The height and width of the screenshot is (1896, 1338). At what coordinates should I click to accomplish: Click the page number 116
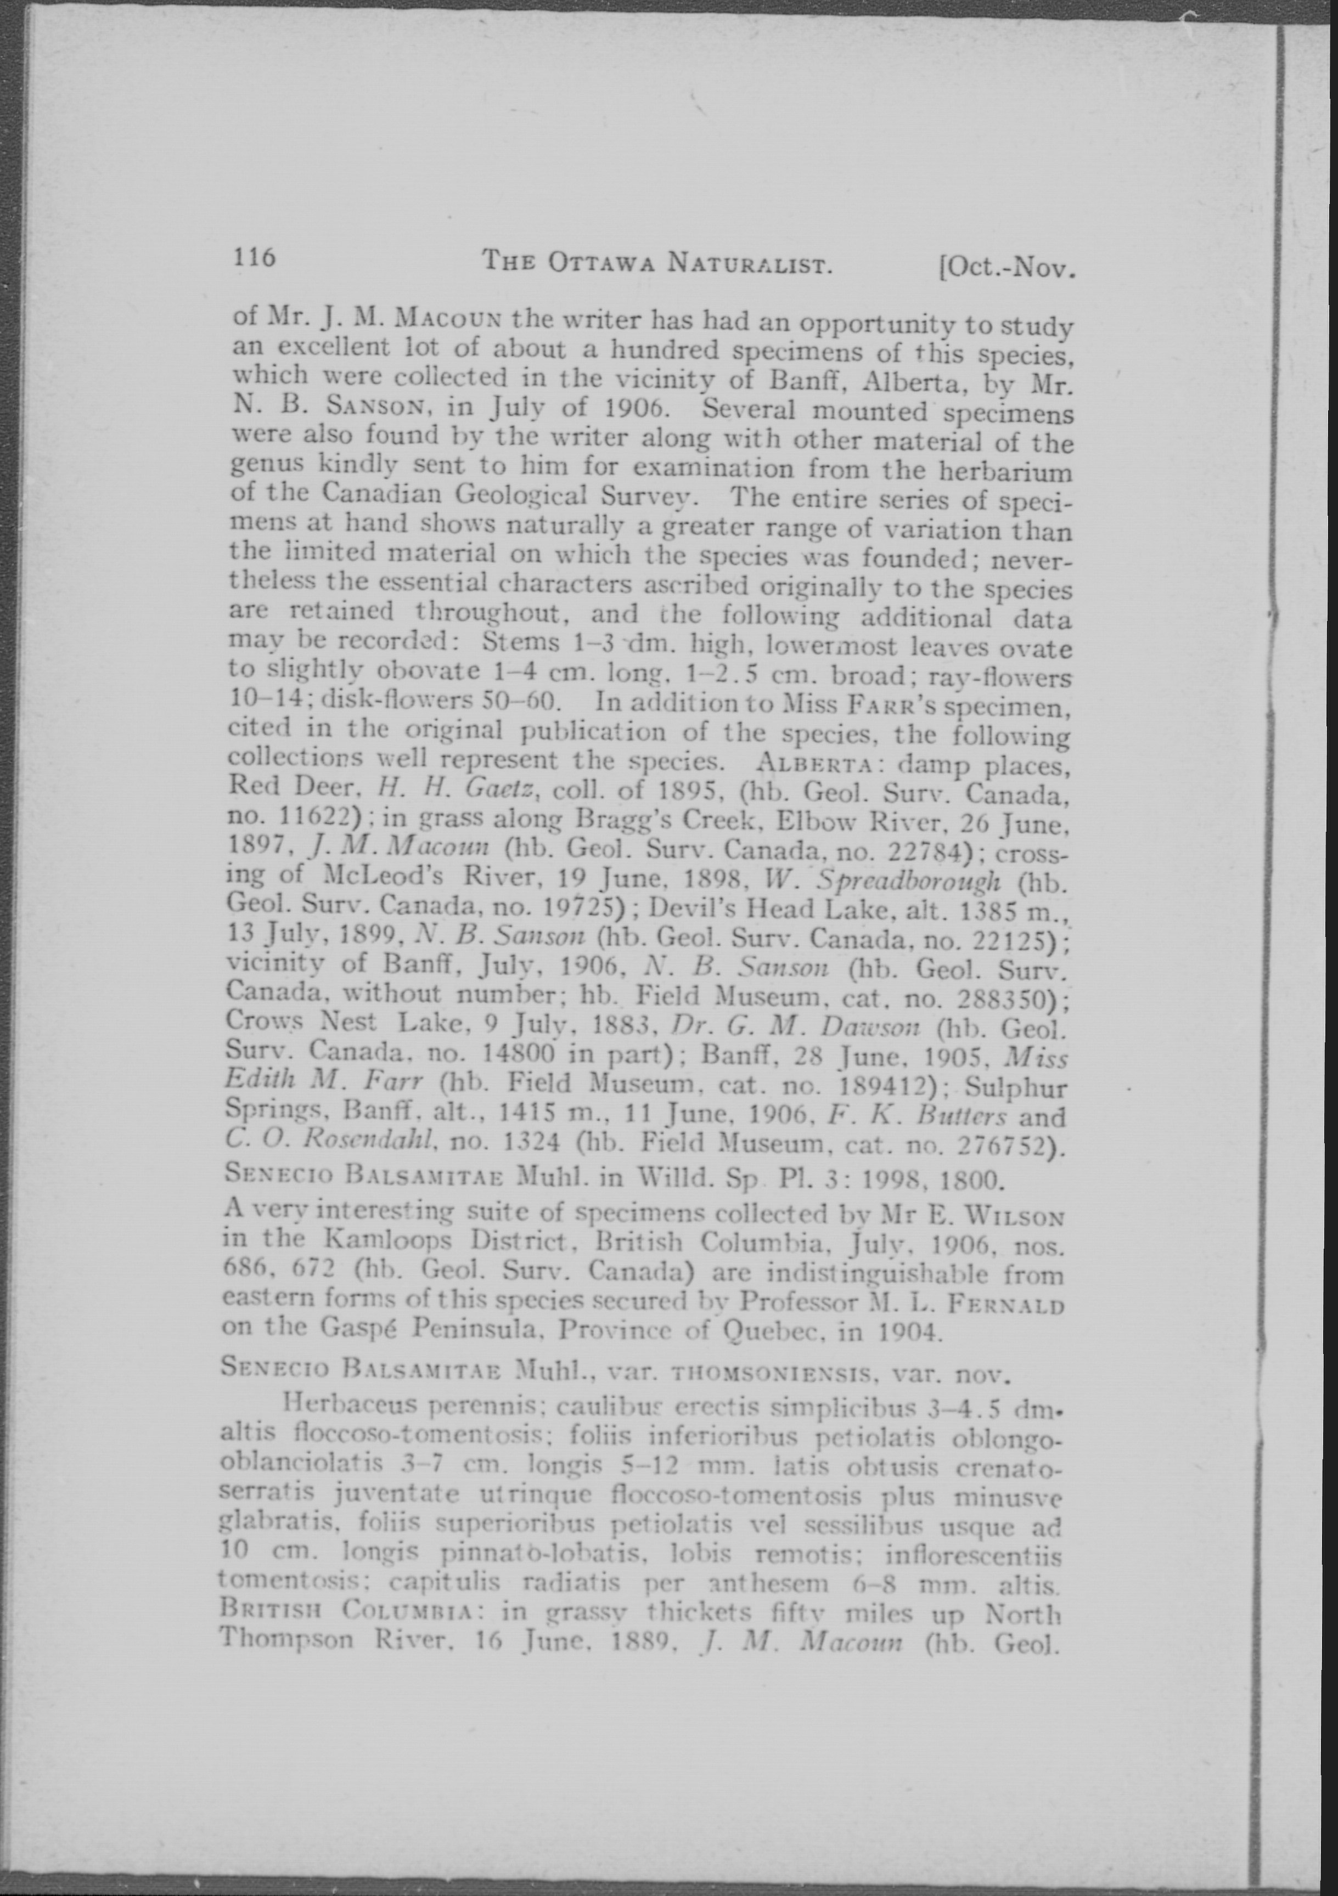coord(254,258)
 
